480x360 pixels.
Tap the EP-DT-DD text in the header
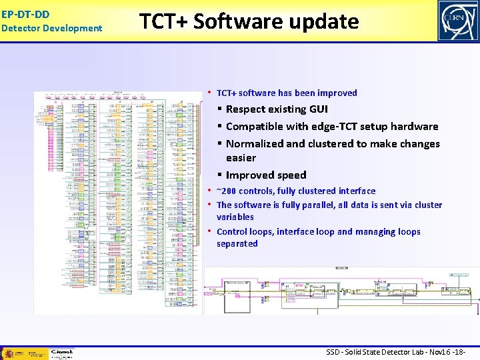coord(25,13)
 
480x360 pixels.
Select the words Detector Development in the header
coord(51,28)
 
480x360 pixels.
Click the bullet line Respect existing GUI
coord(277,109)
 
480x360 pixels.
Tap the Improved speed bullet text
coord(266,175)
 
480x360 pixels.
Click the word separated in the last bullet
coord(237,243)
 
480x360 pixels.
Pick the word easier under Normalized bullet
coord(241,157)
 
